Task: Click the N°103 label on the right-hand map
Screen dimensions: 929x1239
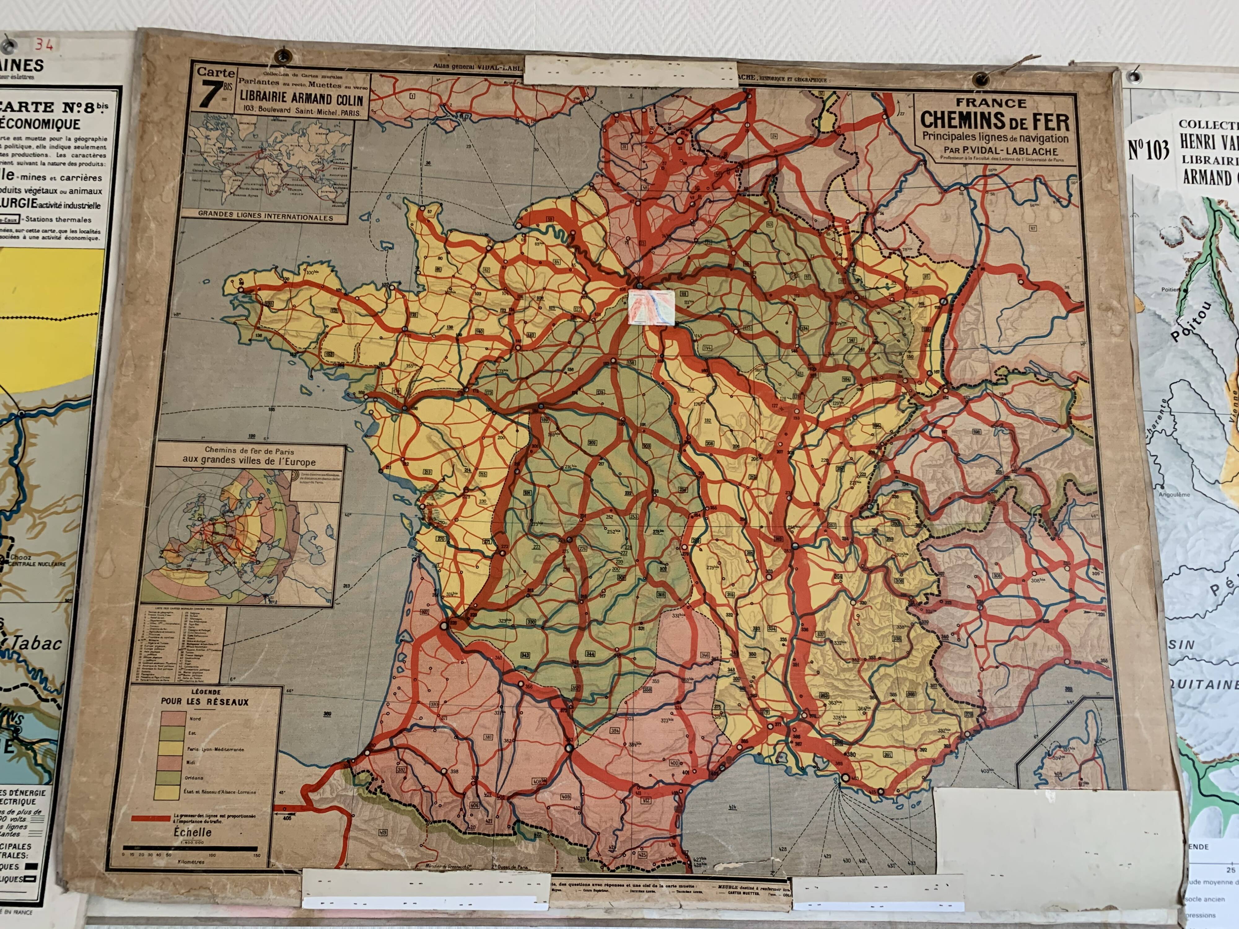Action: [1148, 150]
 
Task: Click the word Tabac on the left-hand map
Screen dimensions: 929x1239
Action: [35, 643]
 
